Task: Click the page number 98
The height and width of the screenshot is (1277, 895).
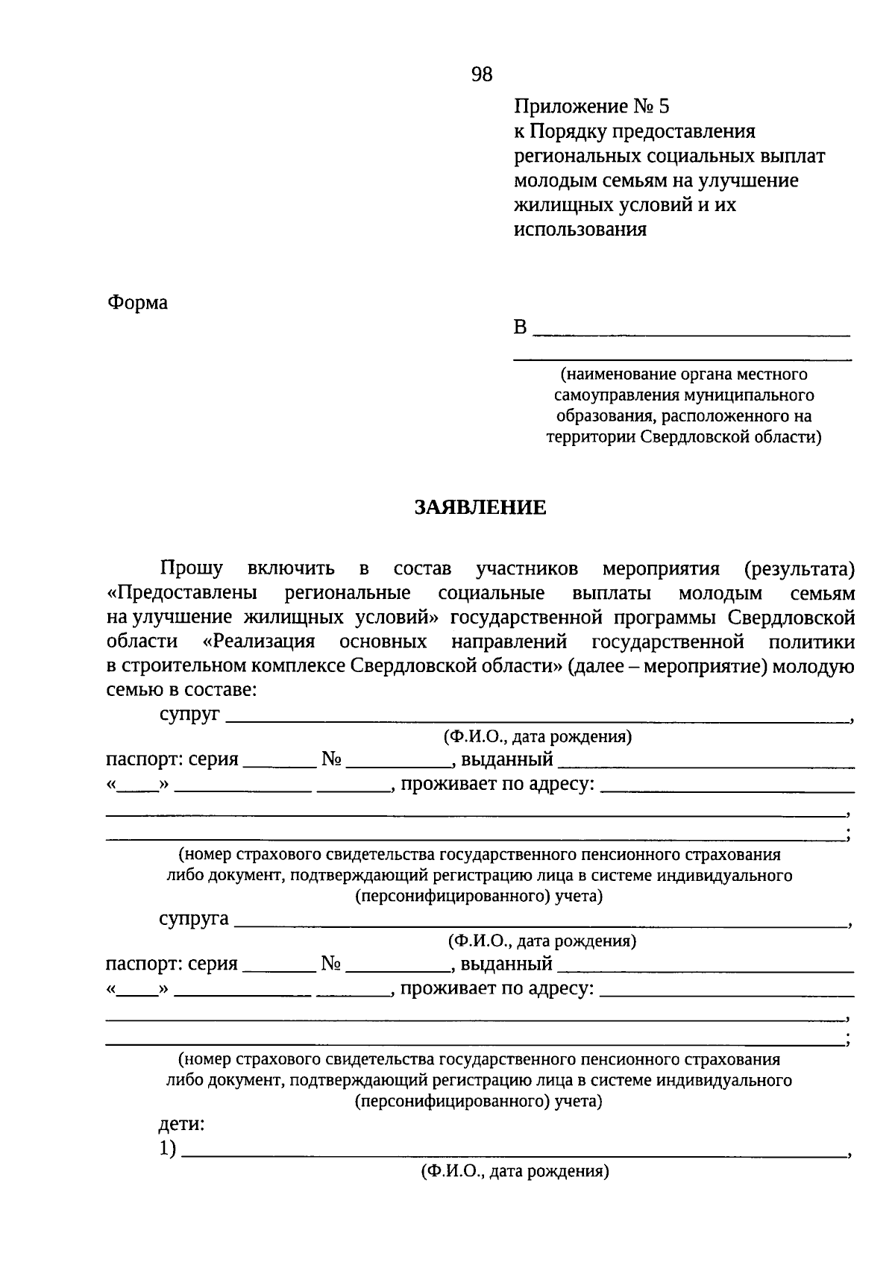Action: click(482, 74)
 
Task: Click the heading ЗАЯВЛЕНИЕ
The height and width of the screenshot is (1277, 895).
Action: click(480, 508)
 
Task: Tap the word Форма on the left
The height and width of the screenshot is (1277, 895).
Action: click(138, 303)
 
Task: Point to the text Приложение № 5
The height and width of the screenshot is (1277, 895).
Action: click(592, 107)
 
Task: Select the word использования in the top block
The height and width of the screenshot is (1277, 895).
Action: click(580, 229)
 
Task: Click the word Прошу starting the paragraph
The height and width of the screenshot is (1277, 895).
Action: click(191, 569)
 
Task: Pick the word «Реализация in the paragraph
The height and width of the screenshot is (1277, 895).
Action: click(259, 642)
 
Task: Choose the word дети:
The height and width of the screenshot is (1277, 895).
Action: click(181, 1123)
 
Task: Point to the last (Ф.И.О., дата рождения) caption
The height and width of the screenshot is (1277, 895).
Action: click(515, 1171)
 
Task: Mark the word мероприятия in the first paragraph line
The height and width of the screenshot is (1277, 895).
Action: click(661, 569)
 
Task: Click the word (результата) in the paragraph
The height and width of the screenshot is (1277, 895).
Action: click(799, 569)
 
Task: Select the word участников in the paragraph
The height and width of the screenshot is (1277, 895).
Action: click(527, 569)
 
